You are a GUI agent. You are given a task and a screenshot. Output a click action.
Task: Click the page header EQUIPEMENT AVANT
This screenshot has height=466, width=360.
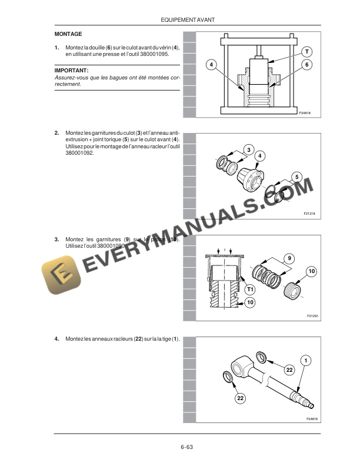pyautogui.click(x=187, y=20)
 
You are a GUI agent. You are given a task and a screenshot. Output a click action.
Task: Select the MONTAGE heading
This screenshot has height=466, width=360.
pyautogui.click(x=68, y=34)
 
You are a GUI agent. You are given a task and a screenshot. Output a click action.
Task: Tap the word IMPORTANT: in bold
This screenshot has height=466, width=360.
pyautogui.click(x=71, y=69)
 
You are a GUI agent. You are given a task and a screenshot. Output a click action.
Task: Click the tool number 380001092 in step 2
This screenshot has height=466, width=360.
pyautogui.click(x=79, y=154)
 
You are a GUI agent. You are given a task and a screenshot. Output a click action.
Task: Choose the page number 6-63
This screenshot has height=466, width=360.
pyautogui.click(x=187, y=447)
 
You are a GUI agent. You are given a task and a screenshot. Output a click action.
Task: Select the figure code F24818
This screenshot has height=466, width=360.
pyautogui.click(x=304, y=112)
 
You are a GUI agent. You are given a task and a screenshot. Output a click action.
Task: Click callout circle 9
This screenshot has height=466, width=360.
pyautogui.click(x=289, y=258)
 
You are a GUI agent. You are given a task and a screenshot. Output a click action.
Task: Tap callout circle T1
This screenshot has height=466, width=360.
pyautogui.click(x=249, y=289)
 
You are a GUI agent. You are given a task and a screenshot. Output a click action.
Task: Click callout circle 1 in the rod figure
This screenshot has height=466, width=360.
pyautogui.click(x=306, y=360)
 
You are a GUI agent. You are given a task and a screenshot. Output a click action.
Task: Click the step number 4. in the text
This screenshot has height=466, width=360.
pyautogui.click(x=56, y=339)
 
